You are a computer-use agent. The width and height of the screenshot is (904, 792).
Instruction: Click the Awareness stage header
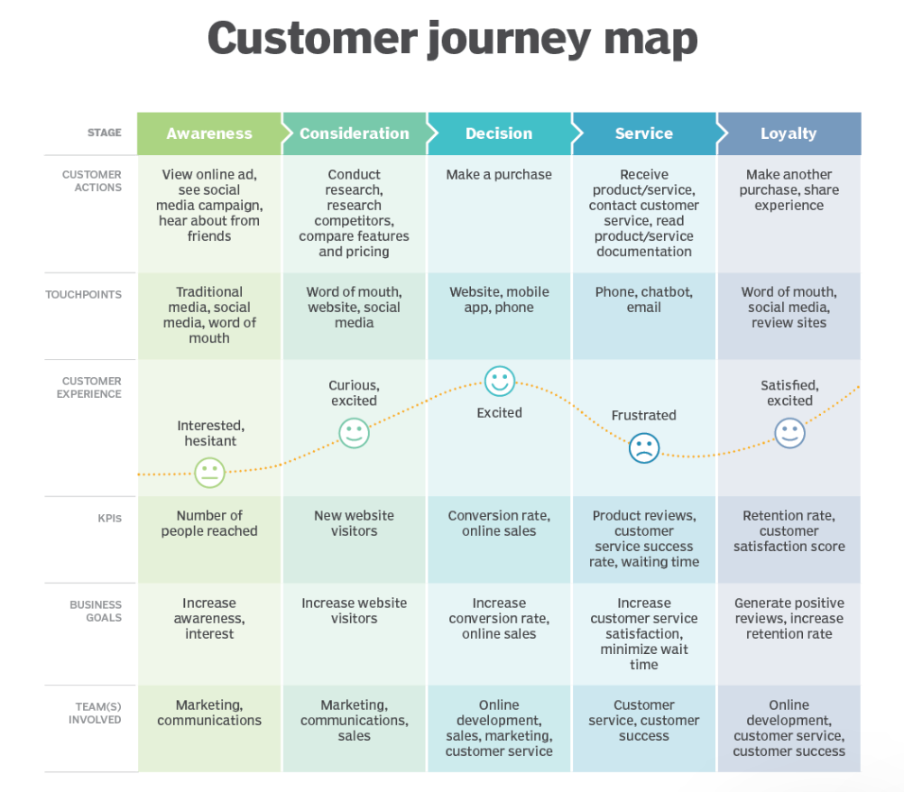point(209,134)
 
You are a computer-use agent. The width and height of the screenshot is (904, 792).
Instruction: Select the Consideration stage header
point(354,134)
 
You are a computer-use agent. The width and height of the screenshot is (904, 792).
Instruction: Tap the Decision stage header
point(499,134)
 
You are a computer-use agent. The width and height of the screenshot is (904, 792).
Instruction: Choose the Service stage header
point(643,134)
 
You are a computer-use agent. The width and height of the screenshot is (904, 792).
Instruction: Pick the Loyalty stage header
point(789,134)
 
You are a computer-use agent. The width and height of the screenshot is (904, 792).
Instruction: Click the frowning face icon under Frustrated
point(644,447)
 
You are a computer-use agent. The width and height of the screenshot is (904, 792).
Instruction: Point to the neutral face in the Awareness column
point(209,472)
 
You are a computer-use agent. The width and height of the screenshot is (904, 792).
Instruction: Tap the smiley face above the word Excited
point(499,382)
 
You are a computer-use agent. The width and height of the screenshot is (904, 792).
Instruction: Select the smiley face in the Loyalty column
point(789,433)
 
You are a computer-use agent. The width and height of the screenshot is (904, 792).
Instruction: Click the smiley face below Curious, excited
point(354,432)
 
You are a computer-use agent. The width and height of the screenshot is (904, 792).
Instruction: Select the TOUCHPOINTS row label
point(83,295)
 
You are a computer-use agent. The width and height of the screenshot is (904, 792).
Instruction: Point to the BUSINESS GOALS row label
point(96,612)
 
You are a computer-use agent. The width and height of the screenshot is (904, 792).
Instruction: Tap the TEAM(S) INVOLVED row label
point(95,713)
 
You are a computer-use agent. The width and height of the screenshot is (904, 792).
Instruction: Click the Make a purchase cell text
point(499,175)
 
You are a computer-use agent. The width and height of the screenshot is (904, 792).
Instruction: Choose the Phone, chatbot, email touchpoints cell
point(643,300)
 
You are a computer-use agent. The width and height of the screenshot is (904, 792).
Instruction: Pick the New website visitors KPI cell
point(354,523)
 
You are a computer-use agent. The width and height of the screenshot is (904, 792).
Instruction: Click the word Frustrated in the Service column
point(643,416)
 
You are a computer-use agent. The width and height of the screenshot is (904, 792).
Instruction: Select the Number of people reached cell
point(209,523)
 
